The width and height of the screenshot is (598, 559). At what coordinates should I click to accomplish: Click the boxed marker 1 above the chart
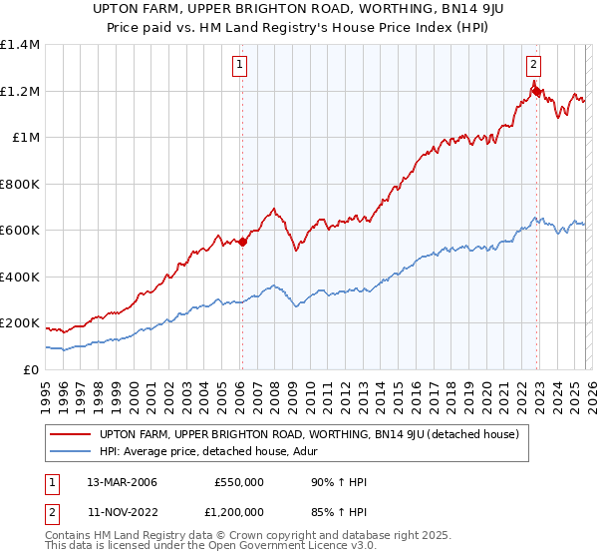click(x=241, y=66)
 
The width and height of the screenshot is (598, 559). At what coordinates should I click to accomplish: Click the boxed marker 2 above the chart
click(x=533, y=66)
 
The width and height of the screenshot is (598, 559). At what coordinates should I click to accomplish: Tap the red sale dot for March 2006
click(x=242, y=241)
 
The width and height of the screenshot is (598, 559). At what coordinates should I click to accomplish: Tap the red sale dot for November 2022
click(x=536, y=91)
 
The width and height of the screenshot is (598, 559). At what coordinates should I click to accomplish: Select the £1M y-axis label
click(x=26, y=138)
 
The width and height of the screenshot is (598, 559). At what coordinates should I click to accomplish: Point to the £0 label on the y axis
click(x=30, y=369)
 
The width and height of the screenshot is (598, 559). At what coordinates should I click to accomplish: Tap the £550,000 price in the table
click(x=238, y=482)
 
